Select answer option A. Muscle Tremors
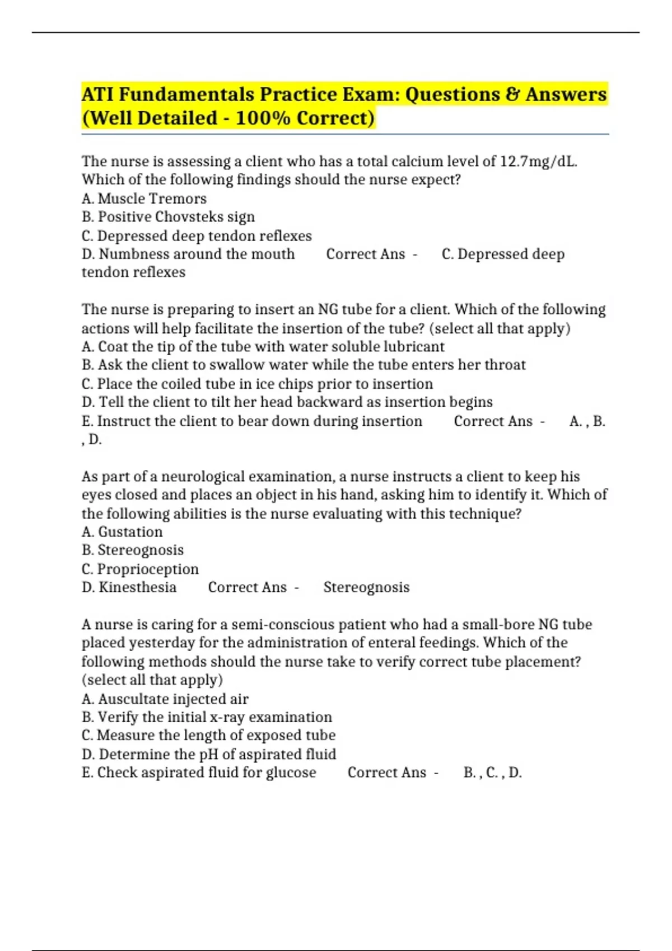coord(144,199)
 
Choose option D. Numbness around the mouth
coord(188,254)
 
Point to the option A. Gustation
coord(122,532)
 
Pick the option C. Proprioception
coord(140,569)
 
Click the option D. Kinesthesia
coord(129,587)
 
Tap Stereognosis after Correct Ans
coord(366,587)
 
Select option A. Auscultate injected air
coord(165,699)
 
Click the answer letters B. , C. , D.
coord(492,773)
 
